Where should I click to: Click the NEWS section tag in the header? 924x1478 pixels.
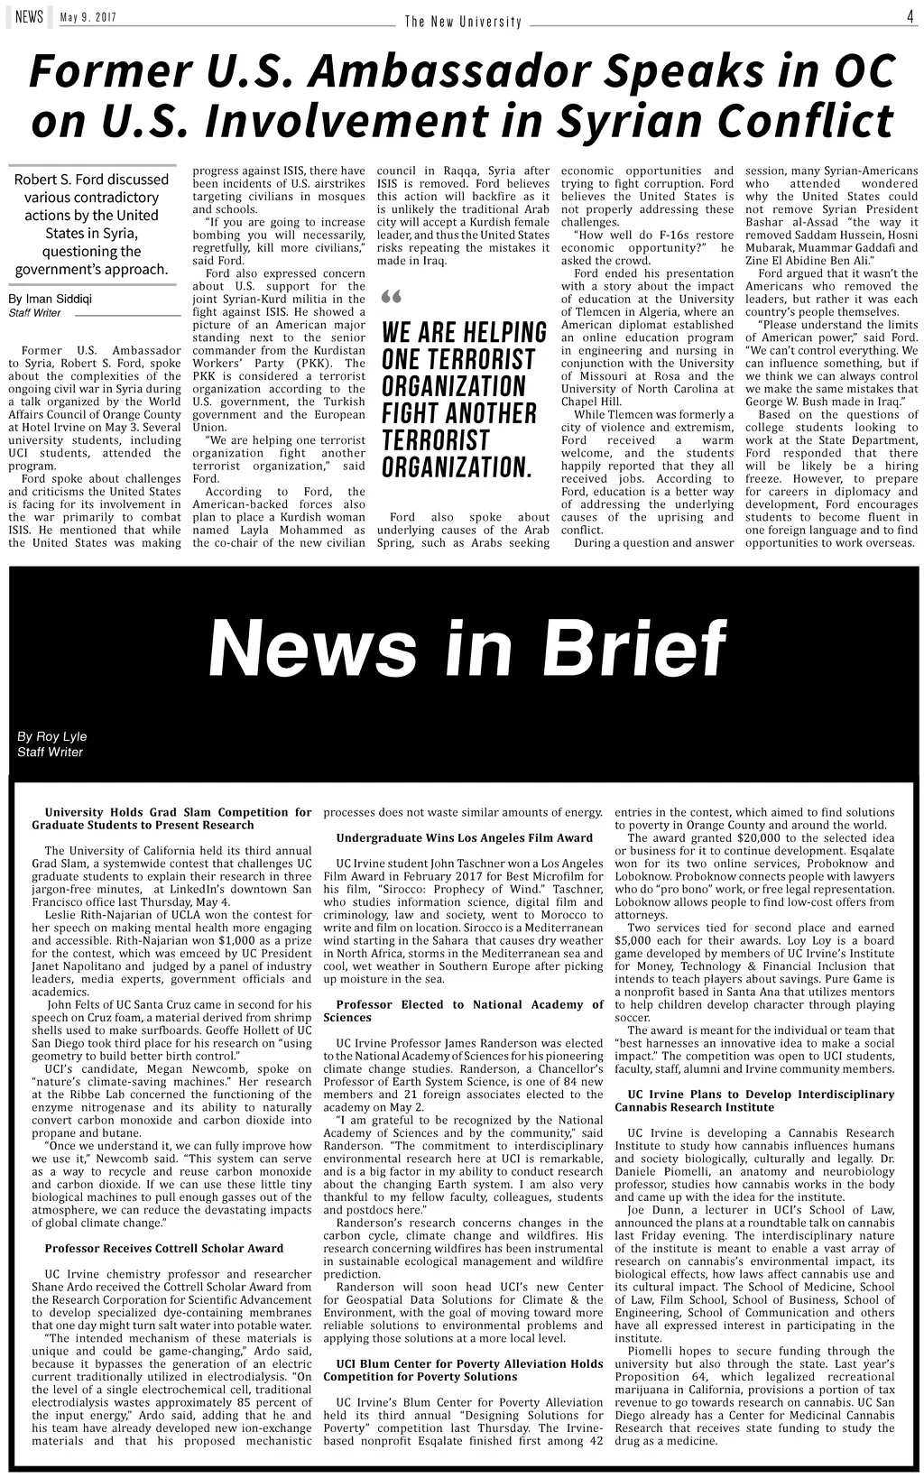(29, 16)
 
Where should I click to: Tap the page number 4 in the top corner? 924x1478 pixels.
(910, 16)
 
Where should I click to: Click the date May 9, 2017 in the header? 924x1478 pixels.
(88, 18)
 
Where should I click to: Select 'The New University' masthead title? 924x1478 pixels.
(463, 21)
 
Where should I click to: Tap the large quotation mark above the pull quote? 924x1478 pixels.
(391, 298)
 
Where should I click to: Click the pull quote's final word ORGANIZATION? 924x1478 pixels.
(455, 468)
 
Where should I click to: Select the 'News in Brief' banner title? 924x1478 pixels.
(467, 648)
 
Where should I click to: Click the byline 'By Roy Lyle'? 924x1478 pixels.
(52, 736)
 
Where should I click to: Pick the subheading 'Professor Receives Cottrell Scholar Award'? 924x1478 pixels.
(164, 1249)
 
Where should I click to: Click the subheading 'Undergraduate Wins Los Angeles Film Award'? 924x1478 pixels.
(464, 837)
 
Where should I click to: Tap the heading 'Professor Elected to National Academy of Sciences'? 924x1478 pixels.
(463, 1011)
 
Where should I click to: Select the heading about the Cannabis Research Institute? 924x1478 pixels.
(754, 1100)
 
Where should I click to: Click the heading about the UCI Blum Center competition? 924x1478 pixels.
(463, 1370)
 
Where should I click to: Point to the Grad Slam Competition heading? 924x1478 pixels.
(171, 818)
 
